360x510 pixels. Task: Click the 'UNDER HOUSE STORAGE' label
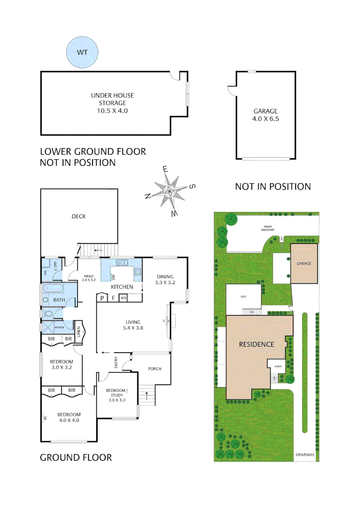(109, 99)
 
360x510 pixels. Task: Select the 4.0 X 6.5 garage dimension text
(266, 119)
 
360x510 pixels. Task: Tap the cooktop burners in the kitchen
(138, 272)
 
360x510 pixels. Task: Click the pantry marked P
(102, 298)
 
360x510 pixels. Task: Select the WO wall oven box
(123, 298)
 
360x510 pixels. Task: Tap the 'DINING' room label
(165, 277)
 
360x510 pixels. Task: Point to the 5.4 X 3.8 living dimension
(133, 328)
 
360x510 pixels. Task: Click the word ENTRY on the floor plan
(117, 362)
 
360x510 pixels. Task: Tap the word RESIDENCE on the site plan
(256, 344)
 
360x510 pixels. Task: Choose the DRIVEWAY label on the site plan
(304, 455)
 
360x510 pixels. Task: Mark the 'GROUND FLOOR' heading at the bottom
(75, 457)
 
